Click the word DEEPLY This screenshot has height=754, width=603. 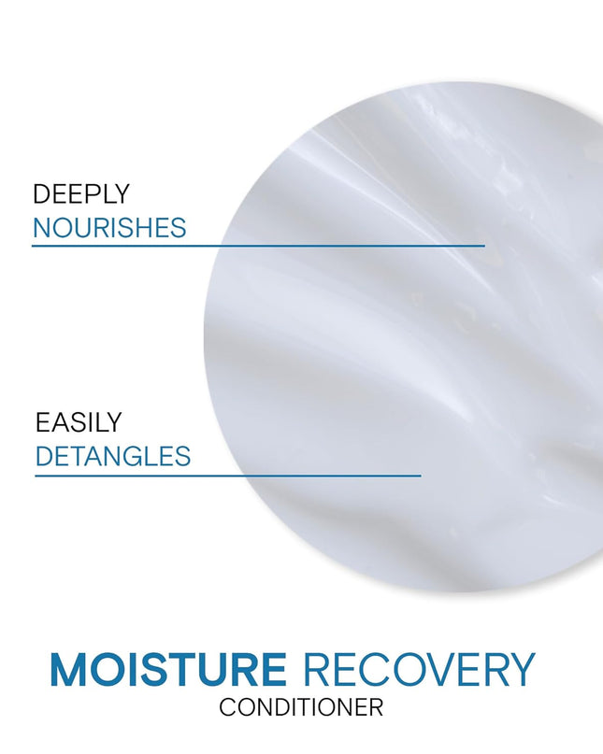pos(80,194)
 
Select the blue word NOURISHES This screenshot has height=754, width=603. pos(109,228)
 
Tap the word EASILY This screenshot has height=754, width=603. pos(79,422)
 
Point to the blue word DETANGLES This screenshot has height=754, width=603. pos(113,457)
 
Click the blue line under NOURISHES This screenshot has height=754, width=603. pos(258,246)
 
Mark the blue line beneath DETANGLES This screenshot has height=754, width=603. pos(228,476)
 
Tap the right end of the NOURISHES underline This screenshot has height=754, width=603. pos(483,246)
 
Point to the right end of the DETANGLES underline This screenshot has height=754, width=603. pos(420,476)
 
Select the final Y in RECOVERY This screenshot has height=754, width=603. pos(521,670)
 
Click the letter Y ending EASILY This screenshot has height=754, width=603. pos(114,422)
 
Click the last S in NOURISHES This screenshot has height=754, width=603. pos(178,228)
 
